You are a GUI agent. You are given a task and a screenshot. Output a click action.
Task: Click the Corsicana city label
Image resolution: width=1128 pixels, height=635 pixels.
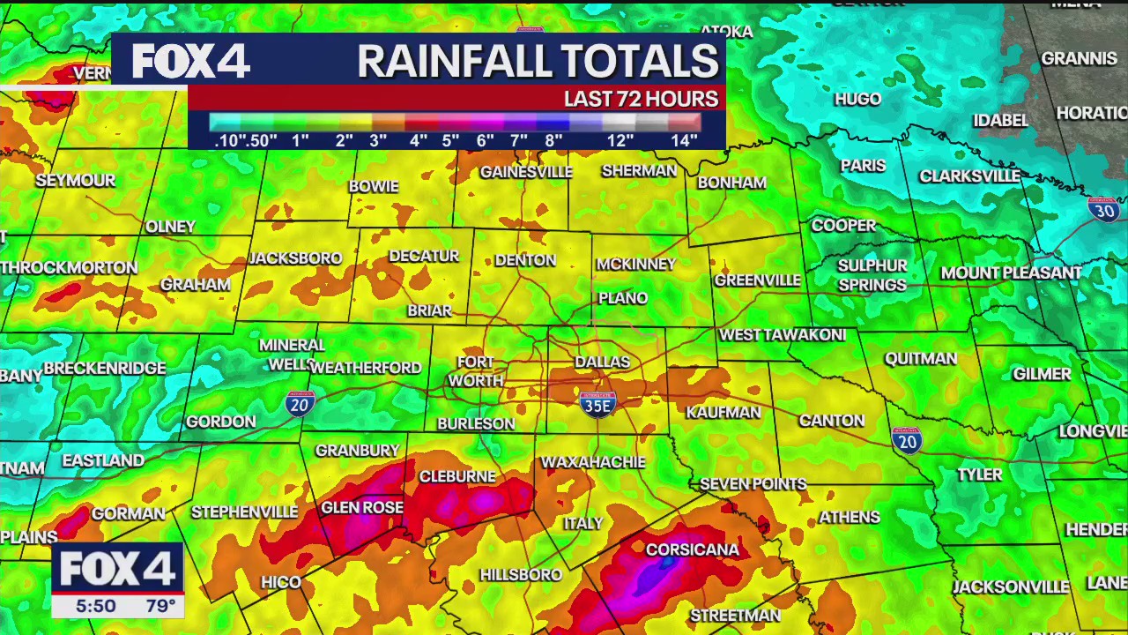coord(692,549)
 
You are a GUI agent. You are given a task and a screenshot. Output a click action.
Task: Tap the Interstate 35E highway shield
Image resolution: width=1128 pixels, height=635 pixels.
coord(597,404)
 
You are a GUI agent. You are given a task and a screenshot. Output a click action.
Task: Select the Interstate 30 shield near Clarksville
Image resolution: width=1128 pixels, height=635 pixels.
coord(1103,209)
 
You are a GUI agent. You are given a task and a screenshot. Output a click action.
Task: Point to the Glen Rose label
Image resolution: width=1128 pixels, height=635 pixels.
coord(362,507)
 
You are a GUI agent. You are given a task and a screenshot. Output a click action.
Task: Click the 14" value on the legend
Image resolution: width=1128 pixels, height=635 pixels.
coord(684,140)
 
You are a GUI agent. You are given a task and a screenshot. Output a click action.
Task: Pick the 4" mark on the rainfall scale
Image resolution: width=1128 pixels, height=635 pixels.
coord(418,140)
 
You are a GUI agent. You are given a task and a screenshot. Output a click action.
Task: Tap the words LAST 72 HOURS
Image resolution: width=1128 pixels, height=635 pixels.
coord(641,99)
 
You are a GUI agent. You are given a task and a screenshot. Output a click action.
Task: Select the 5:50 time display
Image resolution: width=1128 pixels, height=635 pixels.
coord(95,606)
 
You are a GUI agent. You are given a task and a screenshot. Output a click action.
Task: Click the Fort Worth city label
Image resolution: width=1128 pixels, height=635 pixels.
coord(476,371)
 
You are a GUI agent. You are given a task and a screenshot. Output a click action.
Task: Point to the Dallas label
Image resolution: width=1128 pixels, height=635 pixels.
coord(602,362)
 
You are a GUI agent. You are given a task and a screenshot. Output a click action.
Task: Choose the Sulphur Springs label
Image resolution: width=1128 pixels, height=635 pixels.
coord(872,275)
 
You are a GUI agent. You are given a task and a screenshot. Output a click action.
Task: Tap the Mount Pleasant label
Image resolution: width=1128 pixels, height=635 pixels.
coord(1011,273)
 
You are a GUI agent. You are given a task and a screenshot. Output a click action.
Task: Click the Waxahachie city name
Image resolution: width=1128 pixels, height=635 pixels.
coord(593,461)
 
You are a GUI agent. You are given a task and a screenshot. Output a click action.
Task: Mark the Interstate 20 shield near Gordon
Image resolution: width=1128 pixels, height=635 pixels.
coord(300,404)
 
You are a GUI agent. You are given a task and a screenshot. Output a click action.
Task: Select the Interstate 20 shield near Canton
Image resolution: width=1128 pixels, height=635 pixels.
coord(906,440)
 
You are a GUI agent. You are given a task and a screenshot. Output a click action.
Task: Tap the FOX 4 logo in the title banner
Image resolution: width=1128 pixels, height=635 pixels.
coord(190,62)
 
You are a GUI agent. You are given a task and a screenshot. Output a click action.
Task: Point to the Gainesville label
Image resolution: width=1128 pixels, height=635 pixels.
coord(526,171)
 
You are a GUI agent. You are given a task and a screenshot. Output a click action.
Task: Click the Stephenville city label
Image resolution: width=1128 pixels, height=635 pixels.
coord(244,512)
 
